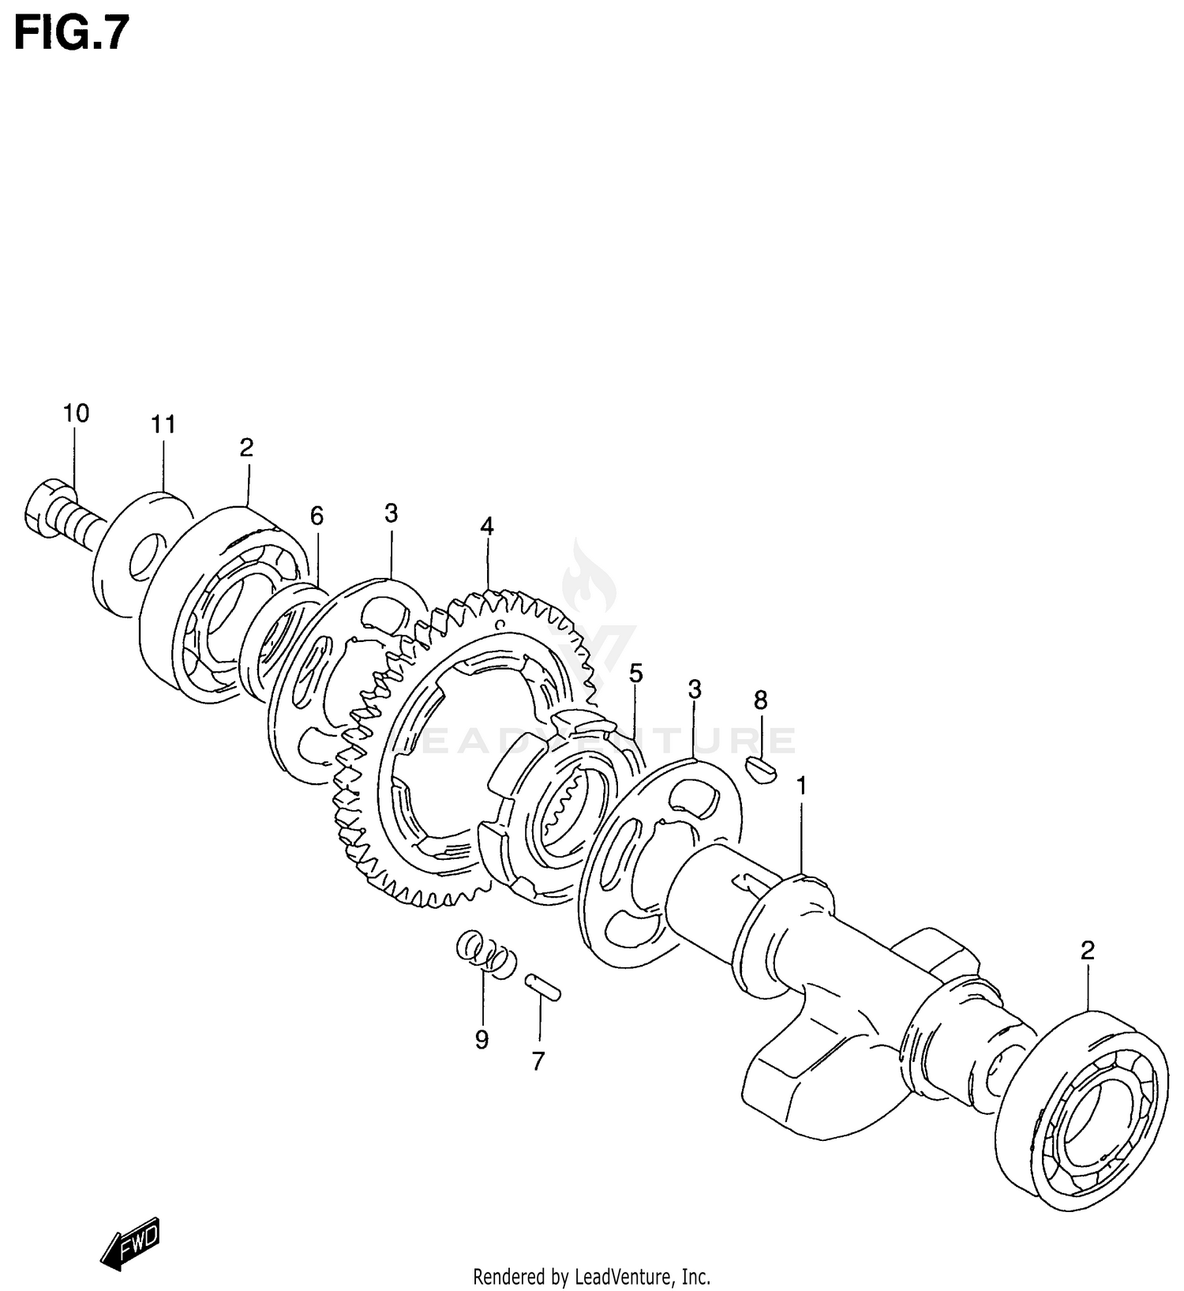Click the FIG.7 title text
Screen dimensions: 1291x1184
[71, 33]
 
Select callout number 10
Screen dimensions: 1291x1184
[77, 413]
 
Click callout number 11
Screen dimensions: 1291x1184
[163, 425]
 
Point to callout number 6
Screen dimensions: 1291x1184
[317, 516]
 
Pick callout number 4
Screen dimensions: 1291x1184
[487, 526]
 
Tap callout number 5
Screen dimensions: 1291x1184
[636, 674]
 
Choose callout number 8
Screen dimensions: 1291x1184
[760, 700]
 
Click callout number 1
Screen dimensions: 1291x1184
[802, 786]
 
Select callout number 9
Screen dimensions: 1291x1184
[481, 1039]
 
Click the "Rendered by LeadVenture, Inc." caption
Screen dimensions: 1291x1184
[591, 1276]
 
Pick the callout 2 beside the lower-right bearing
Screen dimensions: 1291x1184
[1088, 951]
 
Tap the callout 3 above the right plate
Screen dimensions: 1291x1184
[695, 689]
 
